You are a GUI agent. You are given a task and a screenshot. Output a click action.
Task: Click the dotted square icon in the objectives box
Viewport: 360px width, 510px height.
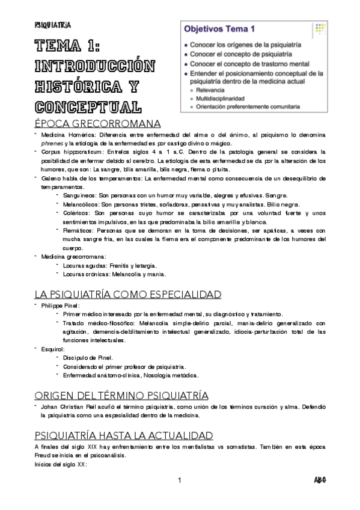pyautogui.click(x=320, y=28)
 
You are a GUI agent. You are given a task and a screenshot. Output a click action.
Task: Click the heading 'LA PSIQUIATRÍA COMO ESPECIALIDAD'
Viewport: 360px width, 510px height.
pyautogui.click(x=127, y=294)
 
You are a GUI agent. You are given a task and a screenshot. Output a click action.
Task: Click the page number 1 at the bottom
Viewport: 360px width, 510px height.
pyautogui.click(x=180, y=480)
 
